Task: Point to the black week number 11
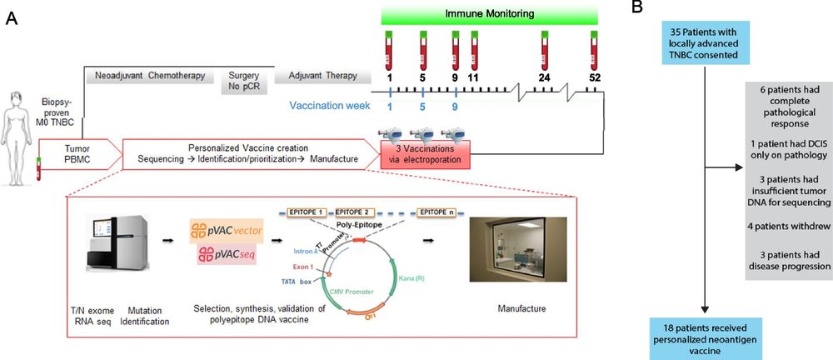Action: (474, 77)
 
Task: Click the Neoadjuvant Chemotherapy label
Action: (146, 76)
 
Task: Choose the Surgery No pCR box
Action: (243, 80)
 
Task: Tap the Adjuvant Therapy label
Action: (319, 76)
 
